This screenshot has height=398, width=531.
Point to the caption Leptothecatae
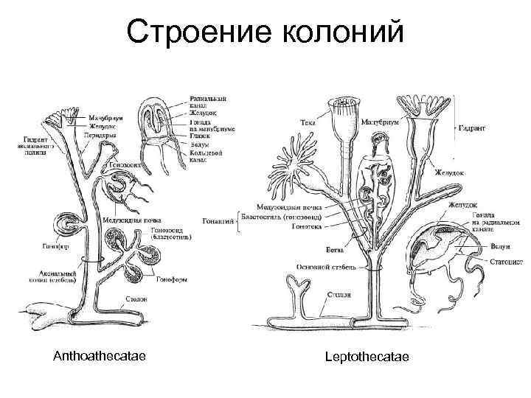pyautogui.click(x=367, y=357)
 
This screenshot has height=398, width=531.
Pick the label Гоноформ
pyautogui.click(x=170, y=279)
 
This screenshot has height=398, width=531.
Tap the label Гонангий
pyautogui.click(x=218, y=220)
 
